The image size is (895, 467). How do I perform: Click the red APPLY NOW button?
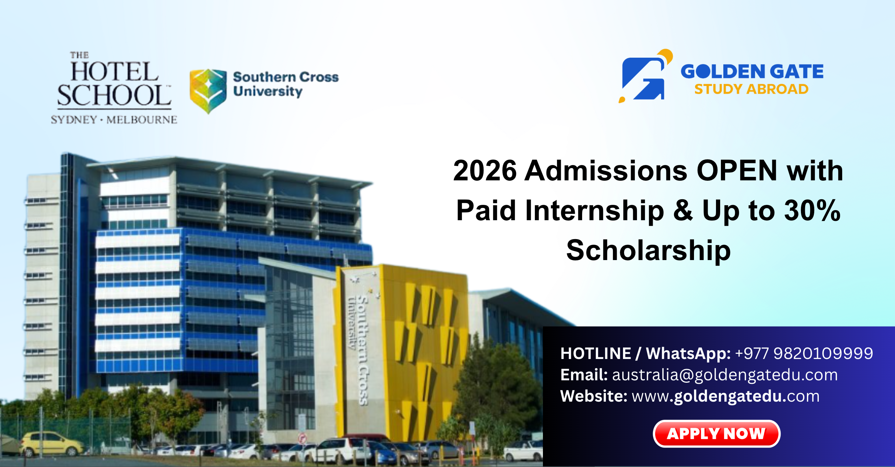click(x=716, y=433)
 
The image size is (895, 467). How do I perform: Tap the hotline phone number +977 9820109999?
click(x=804, y=353)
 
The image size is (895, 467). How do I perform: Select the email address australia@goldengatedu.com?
click(x=725, y=375)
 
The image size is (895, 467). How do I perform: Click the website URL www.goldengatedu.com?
click(x=726, y=396)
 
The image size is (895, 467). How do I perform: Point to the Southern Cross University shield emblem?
click(x=208, y=91)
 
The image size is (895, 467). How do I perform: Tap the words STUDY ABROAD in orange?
click(x=751, y=89)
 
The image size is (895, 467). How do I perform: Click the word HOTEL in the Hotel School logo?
click(x=115, y=72)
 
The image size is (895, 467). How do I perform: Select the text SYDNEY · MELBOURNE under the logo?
click(x=114, y=120)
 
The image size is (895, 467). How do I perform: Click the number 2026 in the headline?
click(x=485, y=171)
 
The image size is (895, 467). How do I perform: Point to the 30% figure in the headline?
click(x=812, y=210)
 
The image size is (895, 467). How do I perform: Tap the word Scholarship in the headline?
click(x=649, y=250)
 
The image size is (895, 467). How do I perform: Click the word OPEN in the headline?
click(x=737, y=171)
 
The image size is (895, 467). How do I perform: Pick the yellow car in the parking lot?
click(x=52, y=444)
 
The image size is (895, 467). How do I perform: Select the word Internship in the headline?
click(x=595, y=211)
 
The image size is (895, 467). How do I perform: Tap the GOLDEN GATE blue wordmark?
click(x=752, y=71)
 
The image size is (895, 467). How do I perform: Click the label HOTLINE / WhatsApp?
click(x=645, y=353)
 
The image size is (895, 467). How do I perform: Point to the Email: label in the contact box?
click(x=584, y=375)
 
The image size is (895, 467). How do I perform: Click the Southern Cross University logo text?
click(x=286, y=84)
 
